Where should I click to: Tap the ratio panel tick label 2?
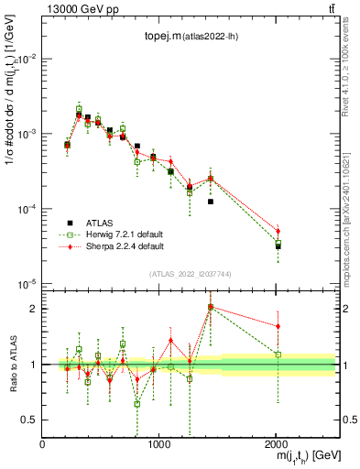(34, 309)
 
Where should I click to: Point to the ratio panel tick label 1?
(34, 365)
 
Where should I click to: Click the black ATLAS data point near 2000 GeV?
(278, 246)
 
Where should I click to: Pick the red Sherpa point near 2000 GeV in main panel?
(278, 231)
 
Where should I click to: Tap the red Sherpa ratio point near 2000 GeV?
(278, 326)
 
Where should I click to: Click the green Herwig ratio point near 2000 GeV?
(278, 354)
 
